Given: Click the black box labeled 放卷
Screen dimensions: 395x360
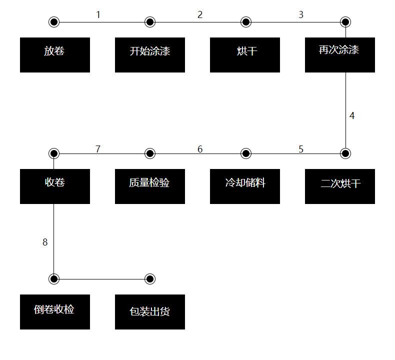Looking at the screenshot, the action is (55, 55).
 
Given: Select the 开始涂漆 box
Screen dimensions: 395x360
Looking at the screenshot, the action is (150, 55).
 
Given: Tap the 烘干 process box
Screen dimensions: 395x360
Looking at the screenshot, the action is (245, 55).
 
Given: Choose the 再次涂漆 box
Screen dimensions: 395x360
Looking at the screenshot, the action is (340, 55).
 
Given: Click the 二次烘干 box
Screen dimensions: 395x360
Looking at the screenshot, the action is (340, 186).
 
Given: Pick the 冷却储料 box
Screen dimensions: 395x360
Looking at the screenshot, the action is (245, 186).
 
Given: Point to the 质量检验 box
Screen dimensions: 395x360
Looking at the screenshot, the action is (150, 186).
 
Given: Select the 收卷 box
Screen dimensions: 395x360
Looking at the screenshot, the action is (55, 186).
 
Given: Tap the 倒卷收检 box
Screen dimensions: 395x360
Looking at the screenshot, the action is (55, 312).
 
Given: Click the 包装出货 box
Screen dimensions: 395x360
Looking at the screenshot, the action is (150, 312).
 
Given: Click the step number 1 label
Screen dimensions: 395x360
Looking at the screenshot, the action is (98, 14).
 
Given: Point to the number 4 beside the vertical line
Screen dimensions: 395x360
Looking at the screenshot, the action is (352, 115).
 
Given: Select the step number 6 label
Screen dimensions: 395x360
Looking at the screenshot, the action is (200, 149).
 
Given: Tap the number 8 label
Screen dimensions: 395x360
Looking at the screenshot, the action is (45, 242).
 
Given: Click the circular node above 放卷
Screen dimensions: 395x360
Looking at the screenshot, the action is (54, 22).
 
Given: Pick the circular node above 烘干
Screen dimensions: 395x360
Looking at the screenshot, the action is (246, 22).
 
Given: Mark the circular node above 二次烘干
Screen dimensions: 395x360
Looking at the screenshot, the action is (345, 153).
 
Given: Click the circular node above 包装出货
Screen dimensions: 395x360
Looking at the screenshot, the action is (150, 279).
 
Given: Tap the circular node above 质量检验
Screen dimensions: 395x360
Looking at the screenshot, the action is (150, 153).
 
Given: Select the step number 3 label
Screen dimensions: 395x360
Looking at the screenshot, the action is (301, 14).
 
